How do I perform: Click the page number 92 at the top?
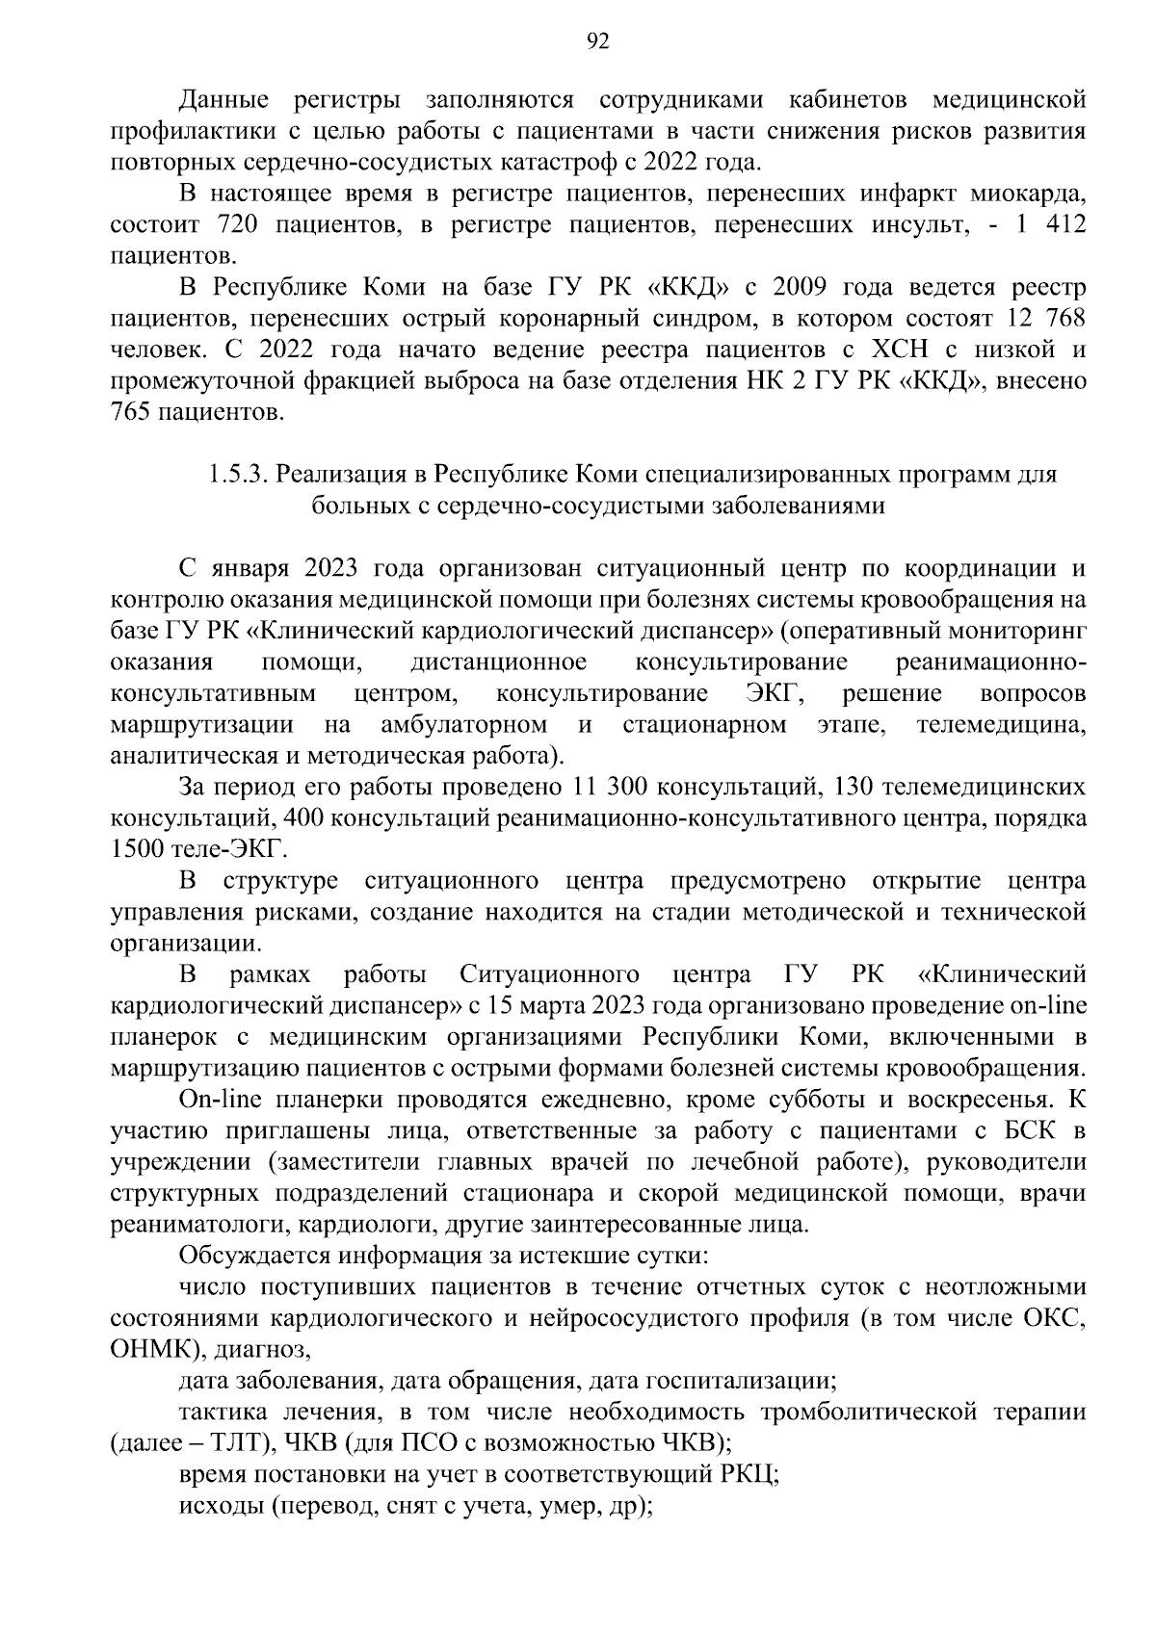(597, 40)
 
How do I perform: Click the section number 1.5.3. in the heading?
(239, 475)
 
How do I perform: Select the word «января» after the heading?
(250, 568)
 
